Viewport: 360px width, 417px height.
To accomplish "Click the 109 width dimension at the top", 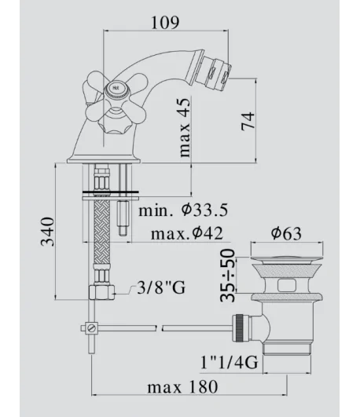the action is [165, 23].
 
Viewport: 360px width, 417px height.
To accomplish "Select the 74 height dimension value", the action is [248, 121].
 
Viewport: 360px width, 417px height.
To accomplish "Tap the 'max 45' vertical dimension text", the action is [185, 128].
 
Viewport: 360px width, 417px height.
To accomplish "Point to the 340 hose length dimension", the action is [48, 232].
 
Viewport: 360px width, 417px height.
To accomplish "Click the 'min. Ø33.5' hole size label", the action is [183, 210].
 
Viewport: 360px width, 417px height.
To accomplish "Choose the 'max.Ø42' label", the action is [187, 233].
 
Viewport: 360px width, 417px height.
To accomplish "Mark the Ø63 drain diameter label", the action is [286, 233].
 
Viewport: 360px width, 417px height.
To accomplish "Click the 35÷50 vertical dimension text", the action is [228, 276].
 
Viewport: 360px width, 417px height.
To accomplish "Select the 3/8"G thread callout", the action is [161, 287].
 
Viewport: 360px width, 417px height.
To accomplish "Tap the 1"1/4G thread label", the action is [229, 362].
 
